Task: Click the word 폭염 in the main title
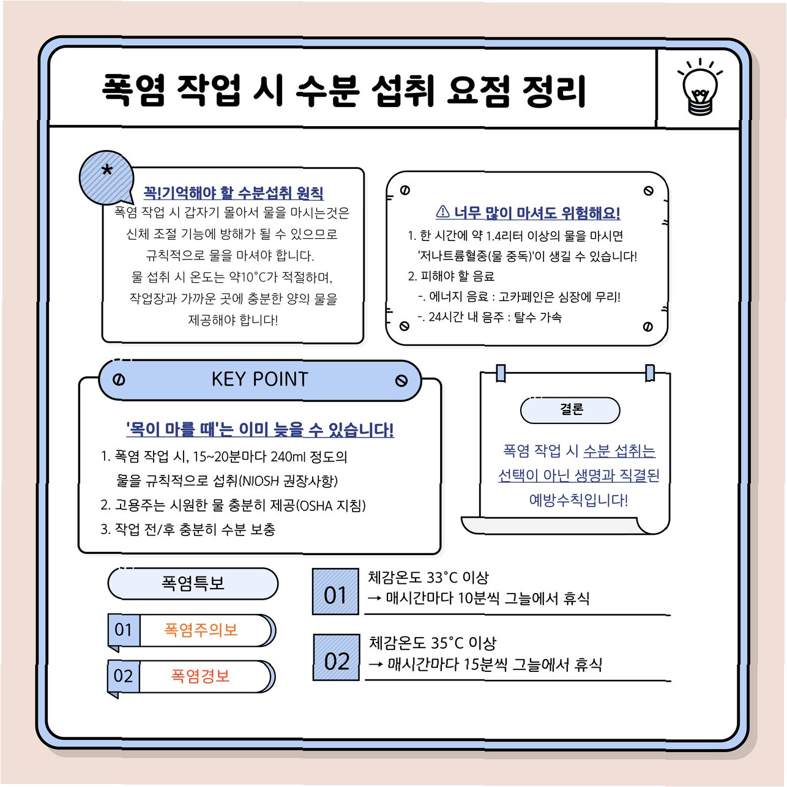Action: [133, 91]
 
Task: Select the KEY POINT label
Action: [259, 379]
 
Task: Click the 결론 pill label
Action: [570, 409]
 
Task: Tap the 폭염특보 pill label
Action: [193, 583]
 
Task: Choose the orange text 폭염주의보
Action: [201, 630]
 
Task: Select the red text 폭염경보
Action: [201, 676]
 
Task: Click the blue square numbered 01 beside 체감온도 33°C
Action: [335, 592]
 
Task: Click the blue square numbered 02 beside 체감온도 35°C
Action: [337, 658]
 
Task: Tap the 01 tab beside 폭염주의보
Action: [123, 630]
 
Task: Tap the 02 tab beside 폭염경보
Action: [123, 676]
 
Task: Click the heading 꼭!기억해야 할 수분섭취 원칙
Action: [233, 193]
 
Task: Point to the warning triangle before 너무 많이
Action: [442, 212]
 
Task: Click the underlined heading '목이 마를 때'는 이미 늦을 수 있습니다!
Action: [259, 429]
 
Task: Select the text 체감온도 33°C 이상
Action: [428, 578]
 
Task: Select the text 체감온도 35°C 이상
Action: [432, 643]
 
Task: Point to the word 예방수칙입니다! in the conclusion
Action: [578, 500]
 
